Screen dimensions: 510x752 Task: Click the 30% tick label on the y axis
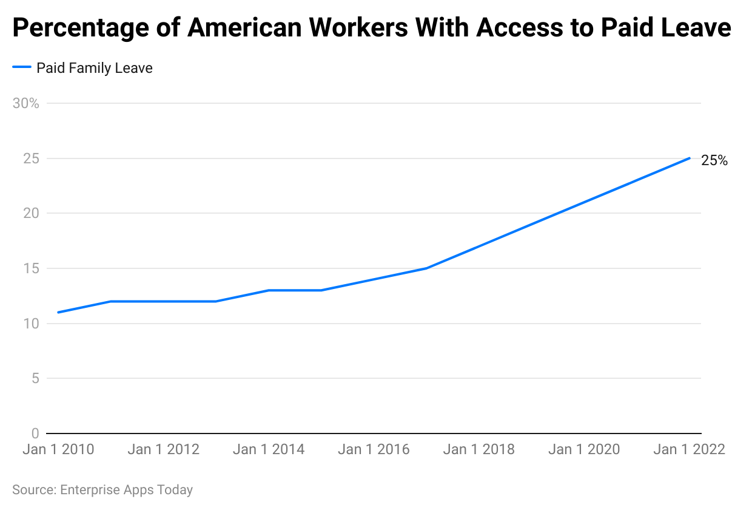[x=25, y=103]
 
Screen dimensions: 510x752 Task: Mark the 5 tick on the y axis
[x=35, y=379]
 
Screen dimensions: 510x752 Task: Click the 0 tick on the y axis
[x=35, y=433]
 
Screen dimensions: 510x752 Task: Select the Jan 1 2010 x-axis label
[x=58, y=450]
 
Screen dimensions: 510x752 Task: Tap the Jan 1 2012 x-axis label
[x=164, y=450]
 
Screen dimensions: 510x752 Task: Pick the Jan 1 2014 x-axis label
[x=269, y=450]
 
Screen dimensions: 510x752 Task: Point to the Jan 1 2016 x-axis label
[x=374, y=450]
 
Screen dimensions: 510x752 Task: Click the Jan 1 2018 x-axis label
[x=479, y=450]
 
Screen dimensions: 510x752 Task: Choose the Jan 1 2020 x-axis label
[x=584, y=450]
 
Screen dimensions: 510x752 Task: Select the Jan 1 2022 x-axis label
[x=689, y=450]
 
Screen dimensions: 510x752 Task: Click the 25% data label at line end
[x=714, y=161]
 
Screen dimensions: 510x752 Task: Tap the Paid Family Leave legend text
[x=95, y=68]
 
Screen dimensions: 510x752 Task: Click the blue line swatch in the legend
[x=21, y=68]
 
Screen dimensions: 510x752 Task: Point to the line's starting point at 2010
[x=58, y=313]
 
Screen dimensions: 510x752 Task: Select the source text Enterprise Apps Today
[x=126, y=490]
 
